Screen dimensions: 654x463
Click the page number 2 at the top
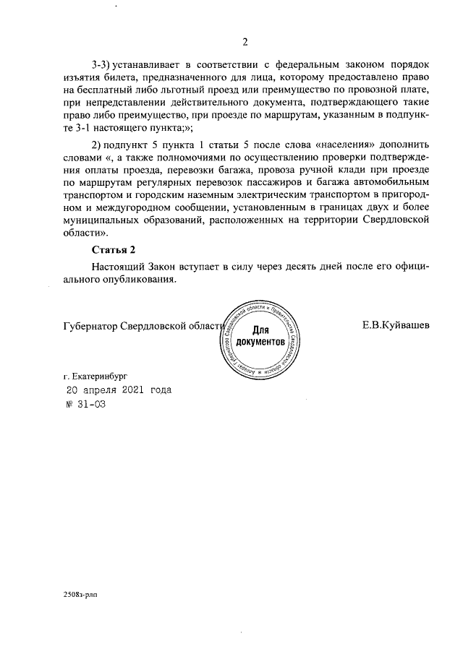[245, 41]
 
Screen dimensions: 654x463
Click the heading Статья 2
[114, 250]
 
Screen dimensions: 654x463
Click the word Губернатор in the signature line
[90, 325]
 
